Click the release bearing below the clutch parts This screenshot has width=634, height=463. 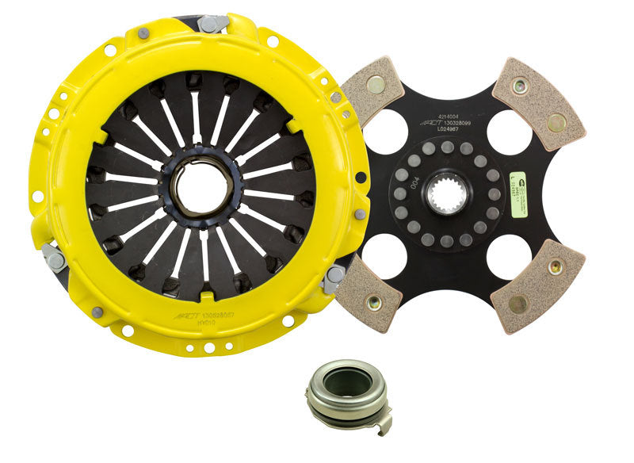[x=338, y=394]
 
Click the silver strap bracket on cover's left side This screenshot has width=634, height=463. [x=54, y=257]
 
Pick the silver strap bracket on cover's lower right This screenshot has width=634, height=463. [x=334, y=277]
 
